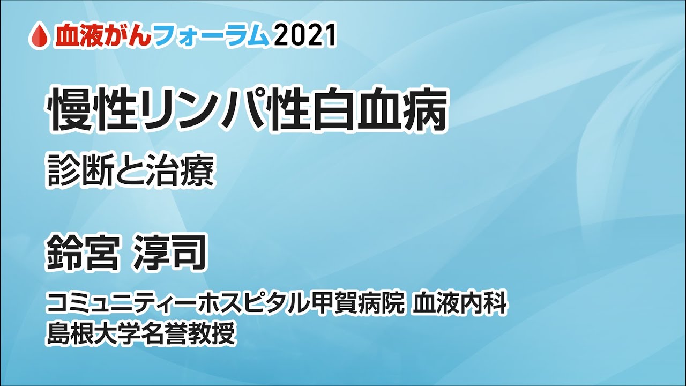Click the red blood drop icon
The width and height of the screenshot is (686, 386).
tap(40, 36)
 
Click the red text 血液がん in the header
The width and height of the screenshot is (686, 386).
tap(102, 36)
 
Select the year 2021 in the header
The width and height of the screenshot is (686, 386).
tap(304, 36)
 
